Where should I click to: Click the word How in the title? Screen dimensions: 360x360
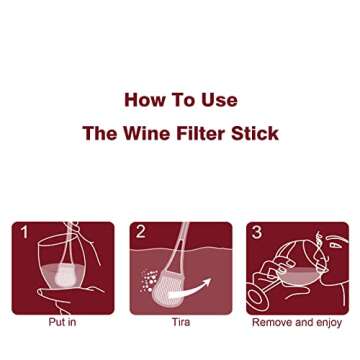[143, 100]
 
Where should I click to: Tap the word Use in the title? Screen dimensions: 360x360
[219, 100]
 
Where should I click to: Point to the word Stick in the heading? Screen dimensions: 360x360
[256, 133]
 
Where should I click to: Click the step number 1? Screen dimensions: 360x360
[23, 233]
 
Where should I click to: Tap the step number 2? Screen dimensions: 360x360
[141, 233]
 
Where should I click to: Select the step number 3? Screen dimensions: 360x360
[257, 233]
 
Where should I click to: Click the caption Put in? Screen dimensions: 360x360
[63, 323]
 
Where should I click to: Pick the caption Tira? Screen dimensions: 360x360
[180, 323]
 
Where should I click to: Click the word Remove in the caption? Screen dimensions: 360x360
[274, 323]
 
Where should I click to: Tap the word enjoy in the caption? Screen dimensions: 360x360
[328, 323]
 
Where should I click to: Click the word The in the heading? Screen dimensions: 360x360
[100, 133]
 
